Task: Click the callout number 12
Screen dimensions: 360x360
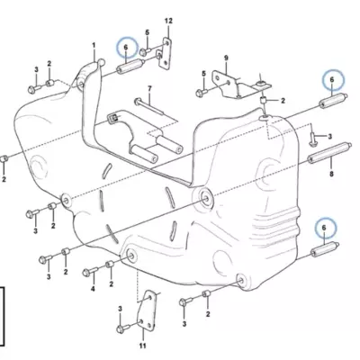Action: point(168,21)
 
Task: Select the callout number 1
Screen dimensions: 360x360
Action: point(94,45)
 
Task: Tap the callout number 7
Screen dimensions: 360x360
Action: point(149,88)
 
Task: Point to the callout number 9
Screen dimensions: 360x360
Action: point(226,58)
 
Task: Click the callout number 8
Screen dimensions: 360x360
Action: point(331,174)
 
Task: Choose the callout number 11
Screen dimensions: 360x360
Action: point(143,346)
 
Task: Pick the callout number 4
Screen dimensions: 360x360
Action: point(93,289)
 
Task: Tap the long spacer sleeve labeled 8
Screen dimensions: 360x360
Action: point(328,153)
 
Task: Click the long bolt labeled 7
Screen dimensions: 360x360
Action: point(149,106)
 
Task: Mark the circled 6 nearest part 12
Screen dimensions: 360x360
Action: point(126,48)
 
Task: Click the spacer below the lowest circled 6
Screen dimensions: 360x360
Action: point(325,249)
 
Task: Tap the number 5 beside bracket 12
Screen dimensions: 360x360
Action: point(147,32)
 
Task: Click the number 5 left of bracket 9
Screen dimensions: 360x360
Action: point(203,74)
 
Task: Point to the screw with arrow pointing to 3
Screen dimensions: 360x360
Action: point(312,139)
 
